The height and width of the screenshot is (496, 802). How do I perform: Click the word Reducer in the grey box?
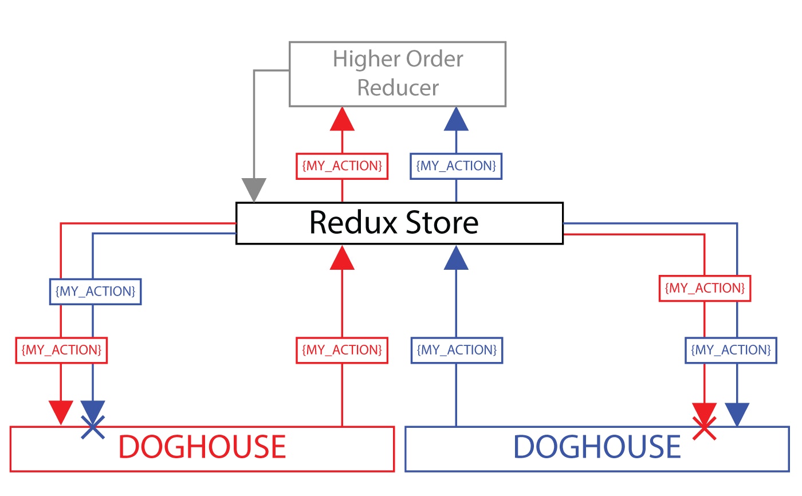coord(398,88)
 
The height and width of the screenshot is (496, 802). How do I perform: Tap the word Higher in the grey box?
coord(359,59)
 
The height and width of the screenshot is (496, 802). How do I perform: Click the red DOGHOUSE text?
coord(202,447)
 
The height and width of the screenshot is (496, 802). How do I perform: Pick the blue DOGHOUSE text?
coord(597,447)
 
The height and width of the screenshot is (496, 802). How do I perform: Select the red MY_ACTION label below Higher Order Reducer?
coord(342,166)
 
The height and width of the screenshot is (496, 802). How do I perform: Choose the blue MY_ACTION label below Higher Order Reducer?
coord(456,166)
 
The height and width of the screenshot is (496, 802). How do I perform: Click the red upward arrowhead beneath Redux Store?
coord(342,257)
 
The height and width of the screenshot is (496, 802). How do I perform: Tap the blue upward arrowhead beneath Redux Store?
coord(456,257)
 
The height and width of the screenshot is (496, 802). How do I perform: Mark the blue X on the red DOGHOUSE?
coord(93,427)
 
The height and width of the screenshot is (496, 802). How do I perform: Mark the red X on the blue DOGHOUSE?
coord(705,428)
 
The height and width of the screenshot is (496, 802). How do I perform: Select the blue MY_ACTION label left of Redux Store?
coord(95,292)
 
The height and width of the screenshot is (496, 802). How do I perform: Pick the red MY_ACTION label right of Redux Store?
coord(705,288)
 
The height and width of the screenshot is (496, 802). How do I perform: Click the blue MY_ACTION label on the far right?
coord(731,350)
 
